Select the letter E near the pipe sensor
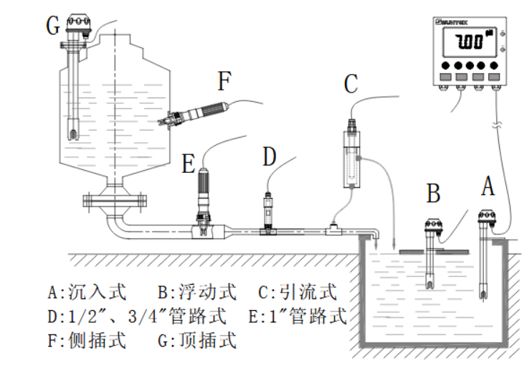tap(189, 164)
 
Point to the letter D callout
tap(268, 156)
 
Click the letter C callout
tap(350, 84)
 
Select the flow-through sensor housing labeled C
tap(351, 154)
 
